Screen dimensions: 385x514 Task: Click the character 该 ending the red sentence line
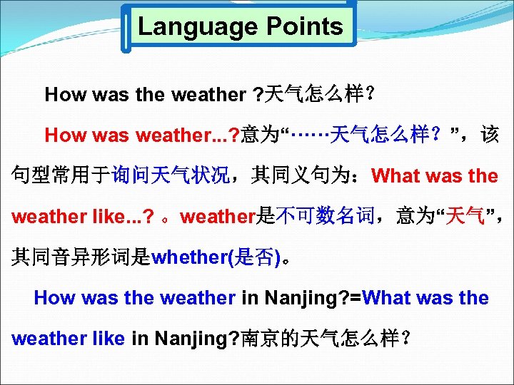click(490, 135)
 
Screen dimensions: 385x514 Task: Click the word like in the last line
click(108, 338)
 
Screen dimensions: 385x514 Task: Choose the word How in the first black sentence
click(61, 94)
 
